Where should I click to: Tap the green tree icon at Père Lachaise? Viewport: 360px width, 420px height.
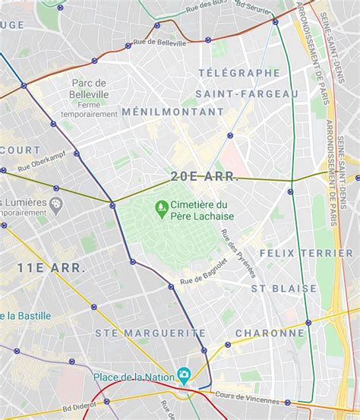click(161, 206)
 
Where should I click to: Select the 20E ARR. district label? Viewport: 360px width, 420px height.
click(204, 176)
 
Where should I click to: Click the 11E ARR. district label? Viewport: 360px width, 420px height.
click(52, 267)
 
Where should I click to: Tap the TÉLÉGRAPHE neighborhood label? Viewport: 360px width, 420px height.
click(239, 73)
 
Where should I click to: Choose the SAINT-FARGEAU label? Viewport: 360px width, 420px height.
click(247, 93)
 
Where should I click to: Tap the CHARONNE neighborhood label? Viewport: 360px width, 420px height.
click(270, 333)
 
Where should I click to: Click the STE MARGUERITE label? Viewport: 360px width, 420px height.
click(150, 333)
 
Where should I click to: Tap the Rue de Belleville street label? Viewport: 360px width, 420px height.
click(160, 43)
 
